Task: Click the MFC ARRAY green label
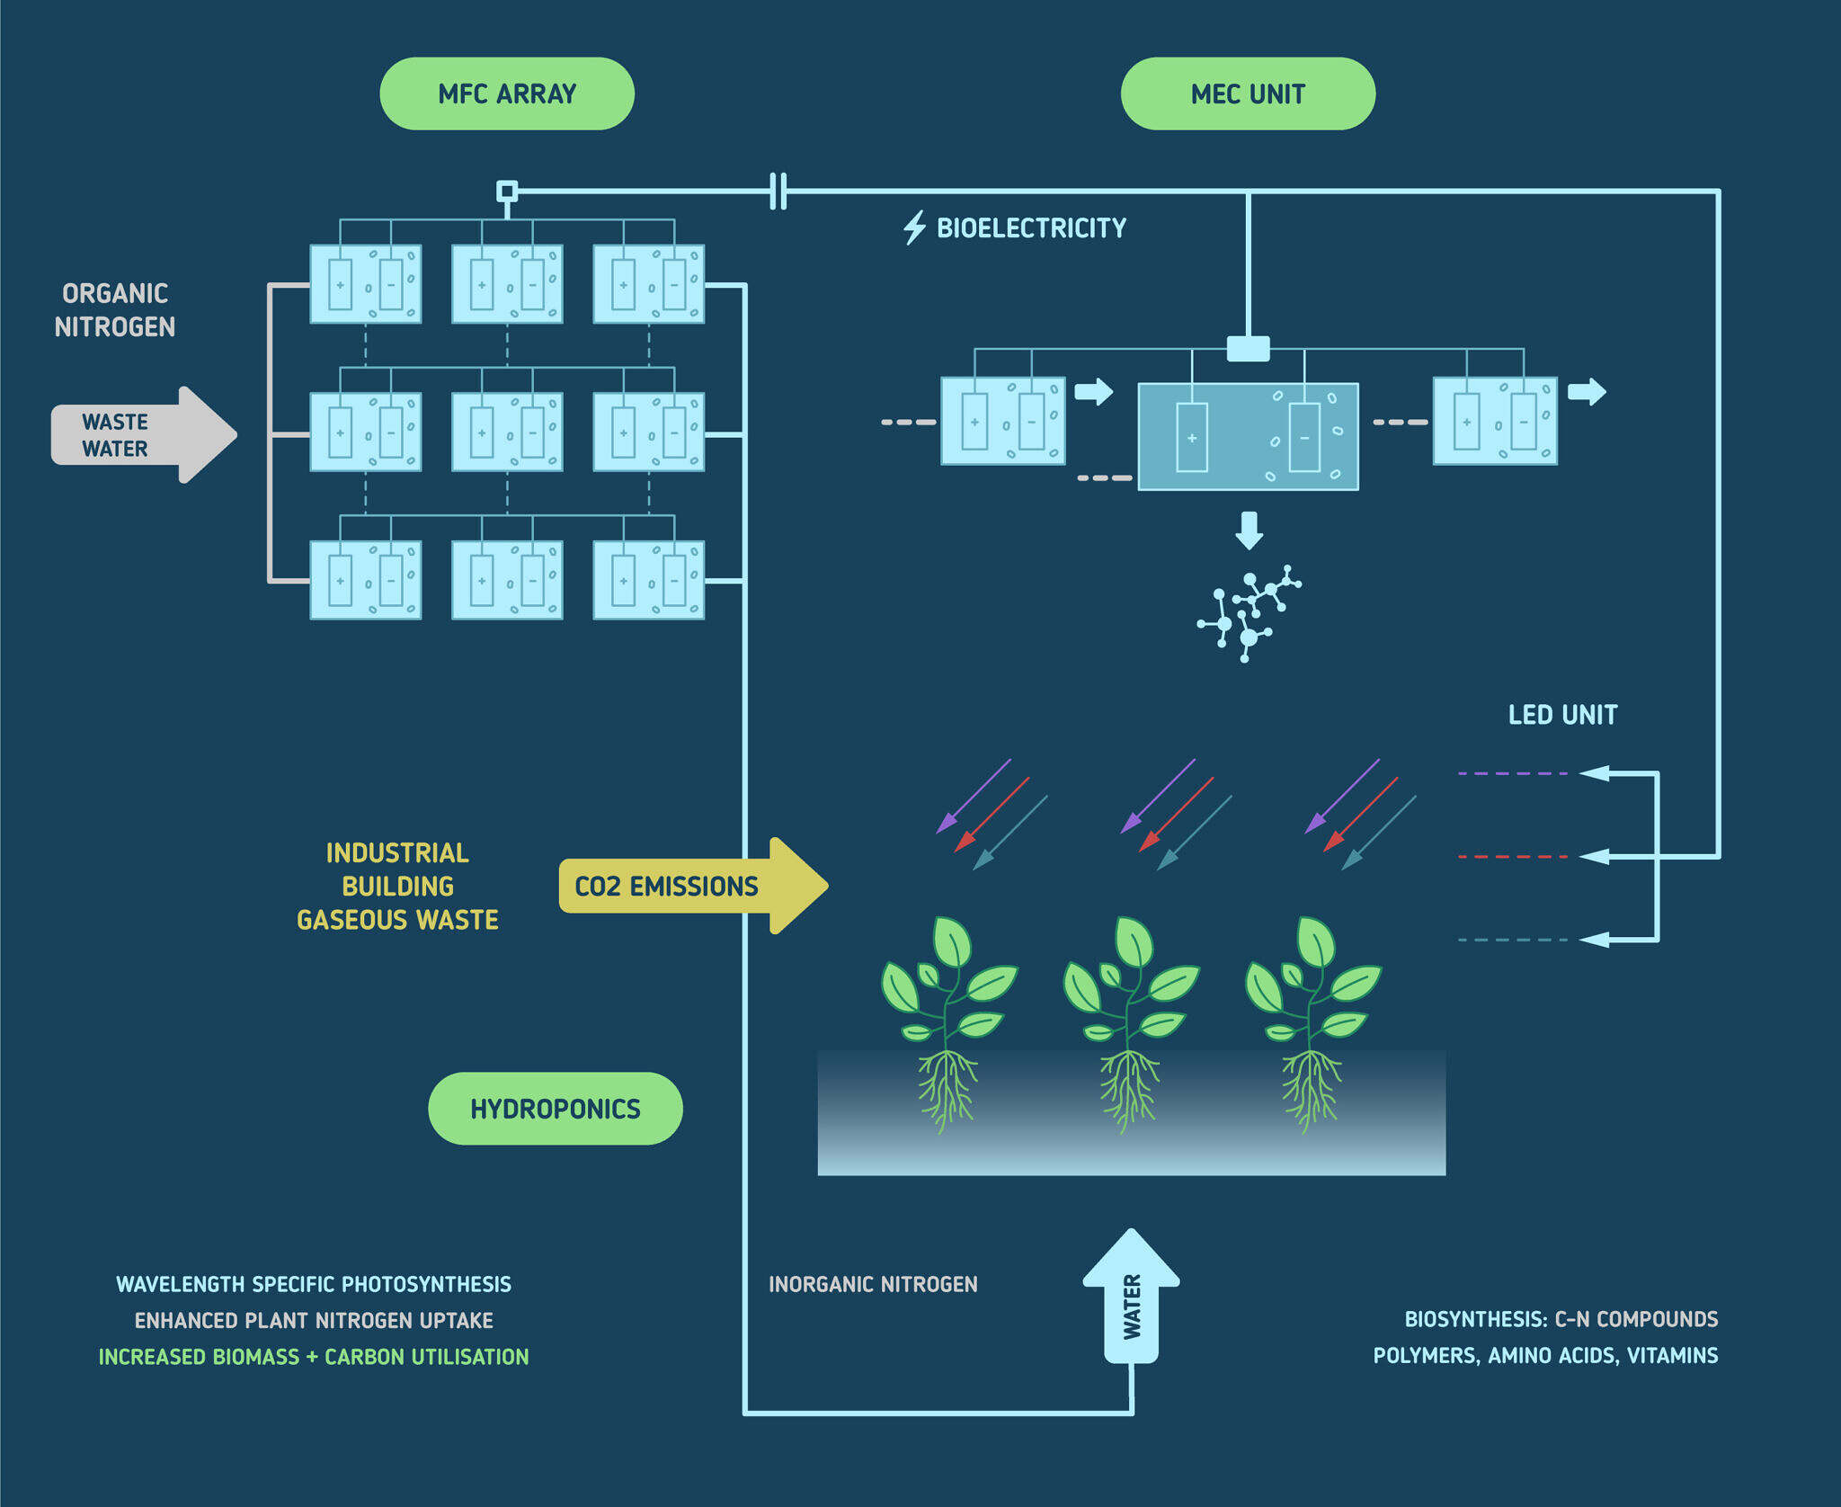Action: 507,94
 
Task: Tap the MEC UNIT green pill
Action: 1248,94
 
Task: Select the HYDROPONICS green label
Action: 556,1108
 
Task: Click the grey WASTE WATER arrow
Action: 144,435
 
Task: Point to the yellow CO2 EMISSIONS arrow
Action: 693,886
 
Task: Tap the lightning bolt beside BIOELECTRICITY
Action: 914,227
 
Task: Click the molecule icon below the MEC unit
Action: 1249,614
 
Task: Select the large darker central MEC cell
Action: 1248,436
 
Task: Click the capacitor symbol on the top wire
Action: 778,191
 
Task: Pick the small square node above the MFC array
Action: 507,191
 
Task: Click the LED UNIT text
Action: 1562,715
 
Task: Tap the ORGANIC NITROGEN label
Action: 115,310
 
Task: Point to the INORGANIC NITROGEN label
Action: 873,1284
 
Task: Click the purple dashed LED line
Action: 1512,773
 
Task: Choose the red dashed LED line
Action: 1512,857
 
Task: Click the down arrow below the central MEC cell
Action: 1249,531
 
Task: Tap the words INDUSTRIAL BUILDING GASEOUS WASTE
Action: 397,886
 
